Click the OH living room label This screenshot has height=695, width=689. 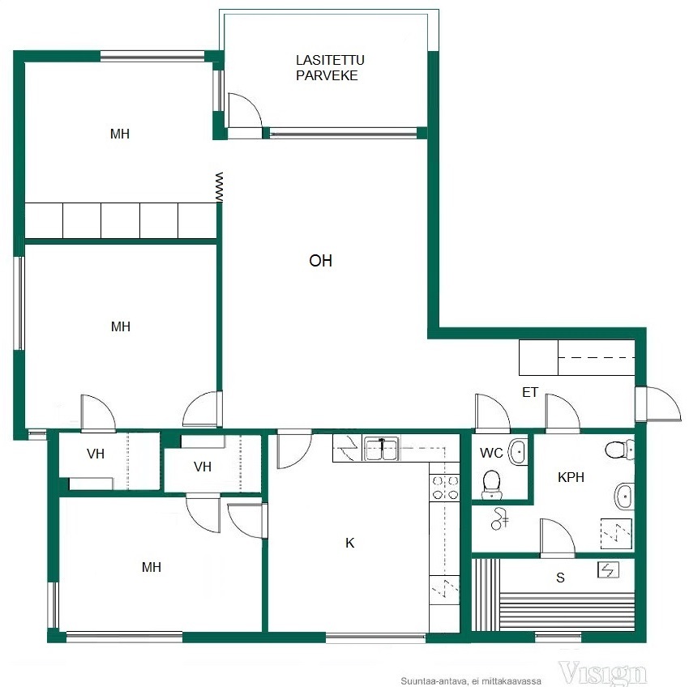(320, 261)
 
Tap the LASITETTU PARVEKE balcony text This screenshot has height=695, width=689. (330, 67)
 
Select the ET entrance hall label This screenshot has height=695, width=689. (530, 392)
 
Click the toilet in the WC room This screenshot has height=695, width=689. (491, 484)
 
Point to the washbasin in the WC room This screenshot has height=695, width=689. (518, 452)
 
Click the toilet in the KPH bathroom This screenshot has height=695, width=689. (619, 450)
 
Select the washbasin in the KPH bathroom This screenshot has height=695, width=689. (624, 497)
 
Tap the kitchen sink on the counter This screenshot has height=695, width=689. (381, 449)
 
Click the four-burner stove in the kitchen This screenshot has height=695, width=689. (445, 487)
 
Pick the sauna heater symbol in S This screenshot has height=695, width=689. (608, 569)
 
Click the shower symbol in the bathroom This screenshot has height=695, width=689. (499, 519)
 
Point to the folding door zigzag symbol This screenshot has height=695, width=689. (219, 186)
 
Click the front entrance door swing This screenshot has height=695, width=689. (658, 403)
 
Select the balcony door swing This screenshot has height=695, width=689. (245, 110)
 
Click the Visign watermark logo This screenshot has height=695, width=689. (602, 674)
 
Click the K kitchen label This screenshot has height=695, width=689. (349, 543)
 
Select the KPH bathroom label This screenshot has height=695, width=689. (571, 477)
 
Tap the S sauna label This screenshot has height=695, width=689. (560, 578)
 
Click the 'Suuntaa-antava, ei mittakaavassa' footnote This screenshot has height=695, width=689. (471, 681)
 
